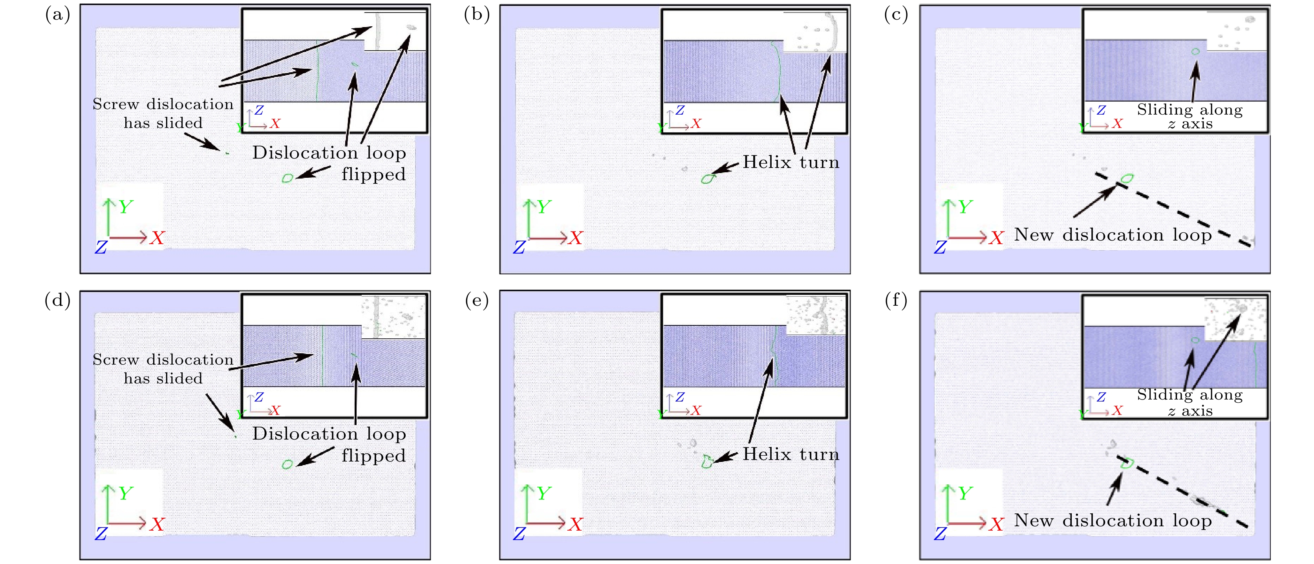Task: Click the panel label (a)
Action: [58, 15]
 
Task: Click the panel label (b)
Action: [477, 15]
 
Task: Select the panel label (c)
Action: [896, 15]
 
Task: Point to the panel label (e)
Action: [477, 301]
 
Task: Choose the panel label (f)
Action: [896, 301]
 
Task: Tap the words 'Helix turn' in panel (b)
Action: [791, 162]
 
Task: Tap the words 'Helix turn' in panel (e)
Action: [791, 454]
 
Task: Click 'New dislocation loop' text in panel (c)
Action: [1113, 235]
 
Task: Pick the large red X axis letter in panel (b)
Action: [576, 237]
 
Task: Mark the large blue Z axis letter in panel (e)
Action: [519, 534]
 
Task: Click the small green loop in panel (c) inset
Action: [1195, 51]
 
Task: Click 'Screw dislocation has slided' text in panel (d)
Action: [163, 369]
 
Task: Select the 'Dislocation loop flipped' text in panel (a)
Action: [329, 163]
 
